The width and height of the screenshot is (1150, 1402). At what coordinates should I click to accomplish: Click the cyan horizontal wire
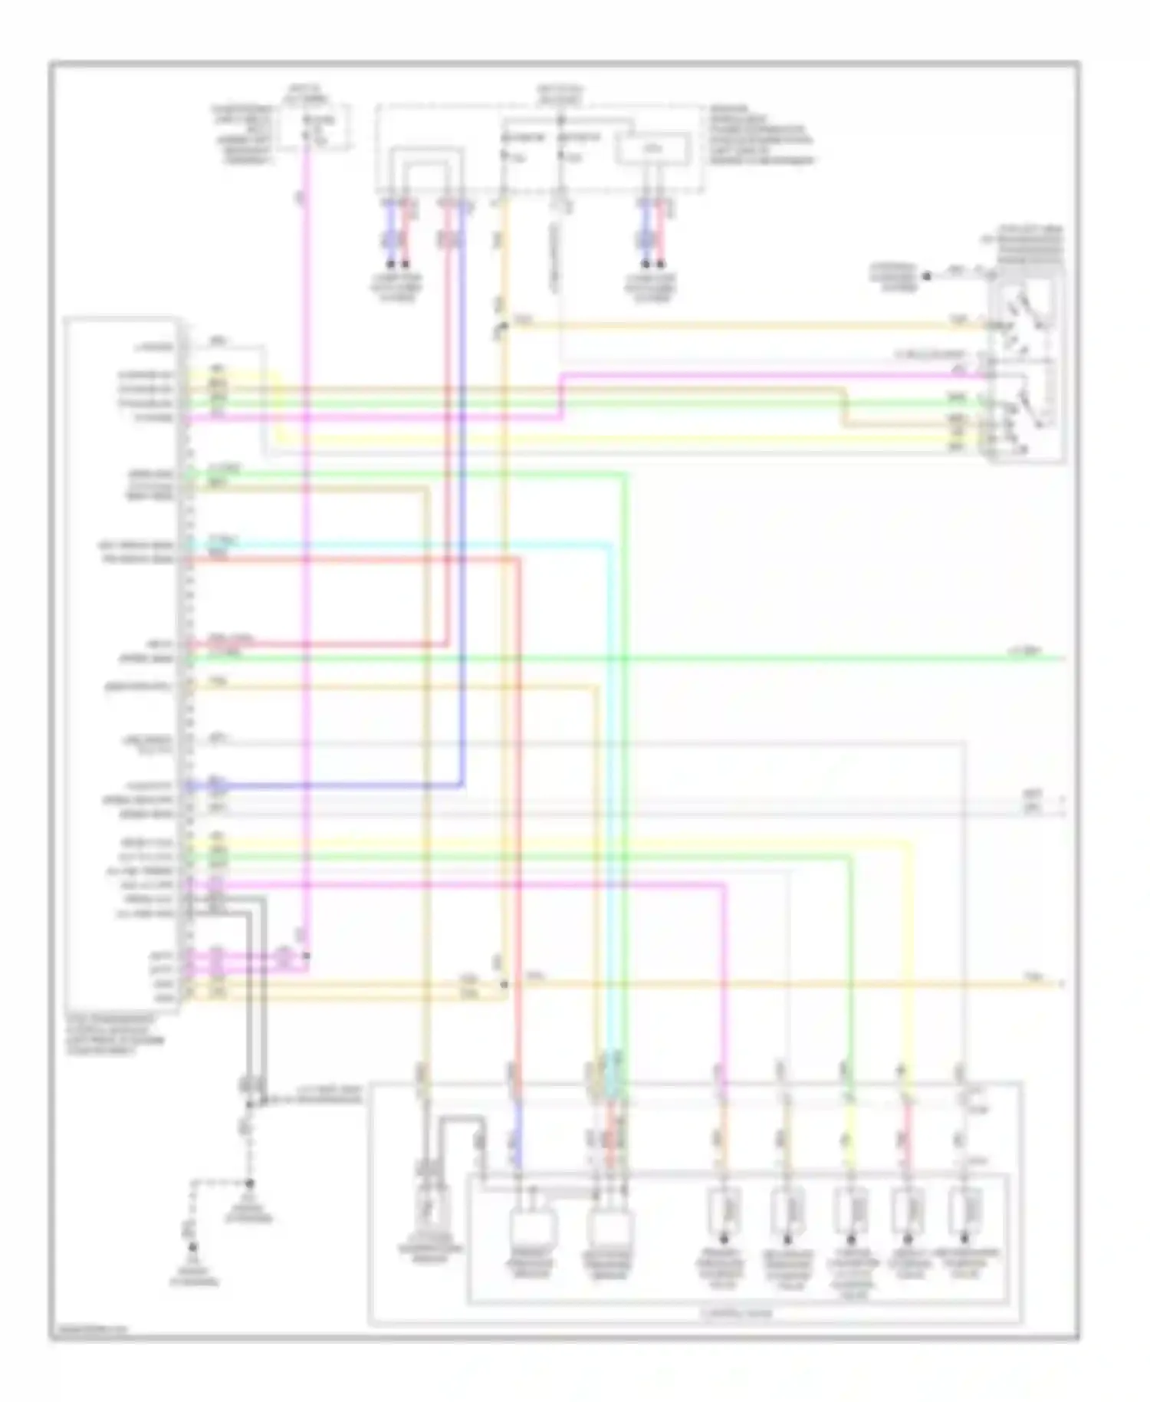click(399, 545)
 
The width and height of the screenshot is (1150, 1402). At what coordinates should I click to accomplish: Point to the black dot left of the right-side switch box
click(926, 274)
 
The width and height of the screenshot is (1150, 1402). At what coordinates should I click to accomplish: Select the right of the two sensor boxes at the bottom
click(609, 1221)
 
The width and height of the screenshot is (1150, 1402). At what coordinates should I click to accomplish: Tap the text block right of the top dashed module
click(760, 134)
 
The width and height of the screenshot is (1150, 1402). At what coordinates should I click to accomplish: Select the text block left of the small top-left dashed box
click(242, 135)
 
